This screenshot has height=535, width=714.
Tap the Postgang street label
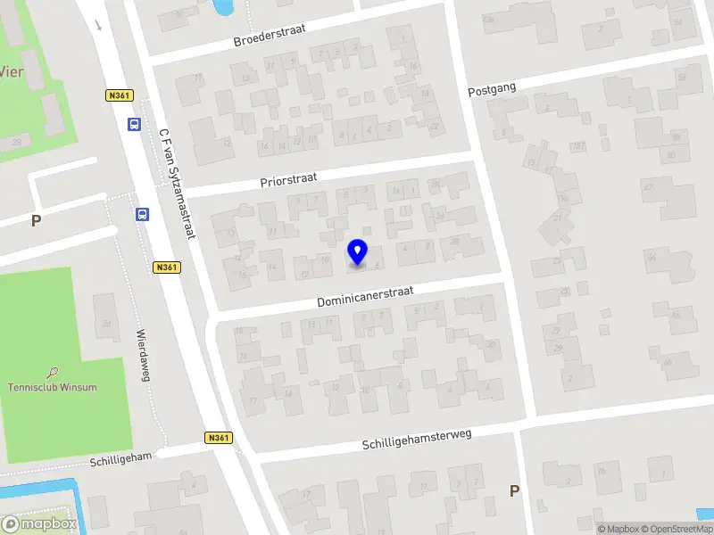493,87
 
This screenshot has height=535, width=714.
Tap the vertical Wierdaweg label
142,356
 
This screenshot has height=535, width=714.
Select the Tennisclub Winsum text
52,387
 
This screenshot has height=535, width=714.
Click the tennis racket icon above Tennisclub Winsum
53,372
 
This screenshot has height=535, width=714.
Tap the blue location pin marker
358,251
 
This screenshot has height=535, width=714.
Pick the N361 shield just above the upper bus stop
119,95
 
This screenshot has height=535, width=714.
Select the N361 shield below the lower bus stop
167,267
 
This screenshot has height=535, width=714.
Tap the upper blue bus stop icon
134,125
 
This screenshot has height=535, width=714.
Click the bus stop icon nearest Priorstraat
142,214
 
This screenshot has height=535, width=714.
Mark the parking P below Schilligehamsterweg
513,490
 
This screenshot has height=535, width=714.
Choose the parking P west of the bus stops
36,220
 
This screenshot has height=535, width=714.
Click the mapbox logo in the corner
39,524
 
